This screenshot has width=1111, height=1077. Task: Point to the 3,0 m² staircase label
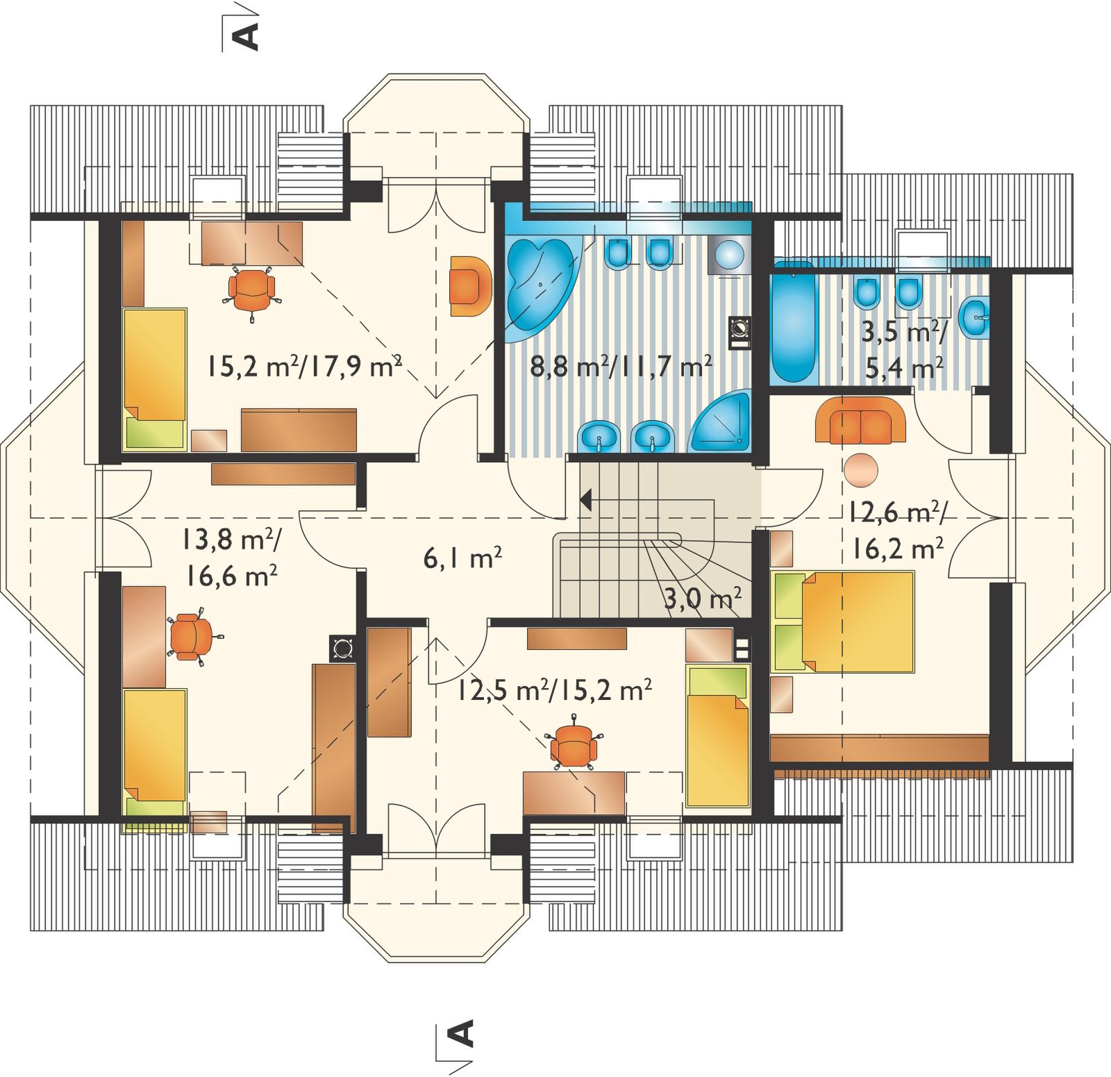click(x=702, y=597)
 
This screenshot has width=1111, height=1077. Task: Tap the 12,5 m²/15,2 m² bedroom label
click(x=554, y=690)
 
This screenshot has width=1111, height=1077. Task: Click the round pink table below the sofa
click(x=861, y=470)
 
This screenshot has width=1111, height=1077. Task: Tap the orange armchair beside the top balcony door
click(x=470, y=286)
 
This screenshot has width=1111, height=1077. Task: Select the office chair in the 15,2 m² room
click(x=251, y=292)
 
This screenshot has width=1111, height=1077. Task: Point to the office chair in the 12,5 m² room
click(x=574, y=746)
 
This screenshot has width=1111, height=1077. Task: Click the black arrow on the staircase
click(x=586, y=499)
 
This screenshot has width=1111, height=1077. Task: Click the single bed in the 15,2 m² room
click(x=155, y=379)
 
